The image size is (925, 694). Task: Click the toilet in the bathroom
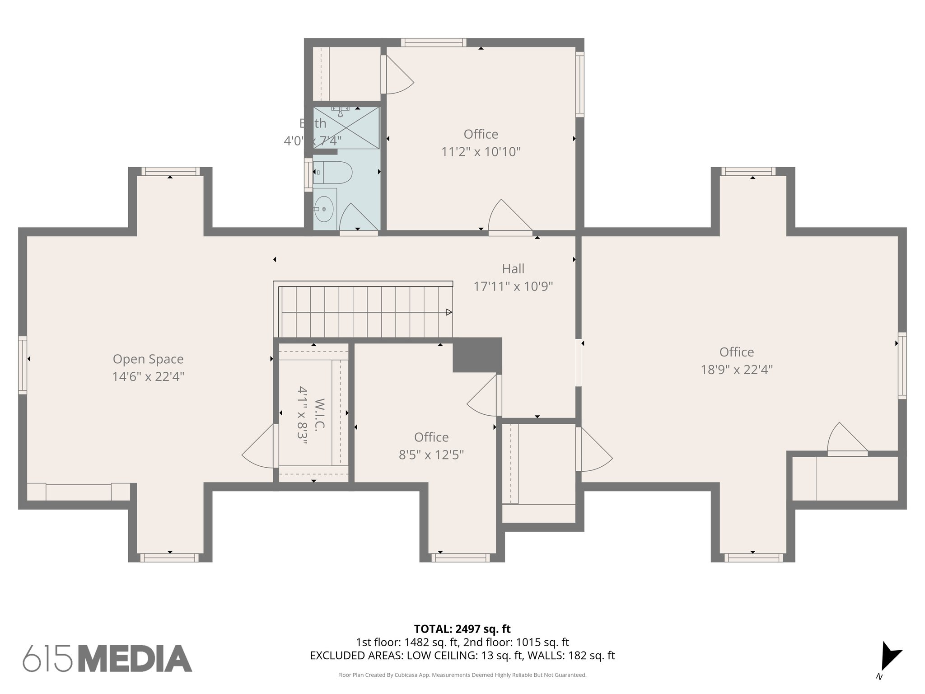[x=332, y=172]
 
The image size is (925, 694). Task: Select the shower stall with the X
[x=346, y=128]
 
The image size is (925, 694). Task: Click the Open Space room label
[x=148, y=359]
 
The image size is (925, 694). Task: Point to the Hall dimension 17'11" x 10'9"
[x=513, y=286]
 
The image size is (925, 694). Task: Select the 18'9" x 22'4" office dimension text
[x=737, y=370]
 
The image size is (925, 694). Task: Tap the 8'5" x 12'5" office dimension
[x=431, y=455]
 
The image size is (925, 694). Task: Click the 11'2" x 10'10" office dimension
[x=481, y=152]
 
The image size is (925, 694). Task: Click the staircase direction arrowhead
[x=449, y=312]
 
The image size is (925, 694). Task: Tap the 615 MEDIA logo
[x=107, y=658]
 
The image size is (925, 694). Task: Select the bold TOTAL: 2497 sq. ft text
[x=462, y=629]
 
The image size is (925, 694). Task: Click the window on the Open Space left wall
[x=22, y=365]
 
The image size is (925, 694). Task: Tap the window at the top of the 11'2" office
[x=434, y=42]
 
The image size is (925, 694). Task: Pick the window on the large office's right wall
[x=902, y=366]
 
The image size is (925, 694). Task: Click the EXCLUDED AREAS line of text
[x=462, y=656]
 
